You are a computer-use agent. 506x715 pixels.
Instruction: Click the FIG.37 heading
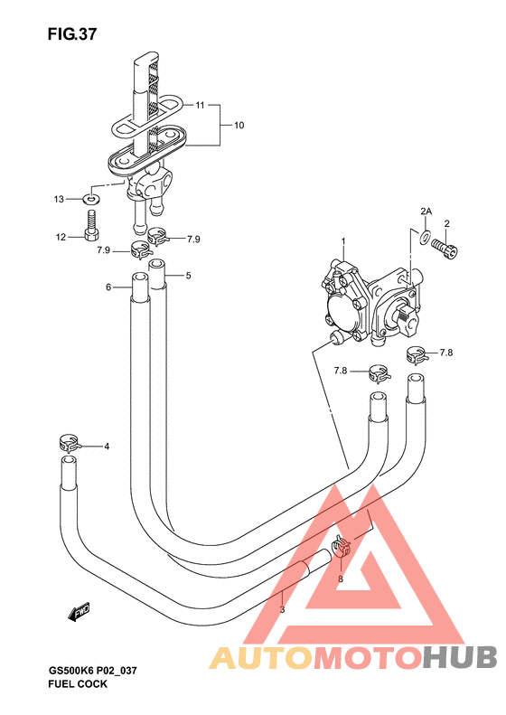[x=72, y=33]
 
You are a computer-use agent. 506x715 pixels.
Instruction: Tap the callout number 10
[x=239, y=125]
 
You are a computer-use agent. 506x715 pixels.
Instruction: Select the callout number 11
[x=200, y=106]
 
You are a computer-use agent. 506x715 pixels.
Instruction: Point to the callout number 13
[x=59, y=199]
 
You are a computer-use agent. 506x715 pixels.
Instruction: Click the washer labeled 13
[x=91, y=199]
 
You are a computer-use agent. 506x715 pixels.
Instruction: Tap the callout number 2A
[x=426, y=212]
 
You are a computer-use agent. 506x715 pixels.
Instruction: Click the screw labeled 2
[x=445, y=248]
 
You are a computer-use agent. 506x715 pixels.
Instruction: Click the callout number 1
[x=343, y=240]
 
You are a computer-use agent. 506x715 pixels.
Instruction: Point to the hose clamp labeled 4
[x=70, y=442]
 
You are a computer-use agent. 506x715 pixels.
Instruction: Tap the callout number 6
[x=108, y=287]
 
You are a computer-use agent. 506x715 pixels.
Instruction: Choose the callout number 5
[x=188, y=276]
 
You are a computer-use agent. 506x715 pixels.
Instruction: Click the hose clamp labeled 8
[x=341, y=545]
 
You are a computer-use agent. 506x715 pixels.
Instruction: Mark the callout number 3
[x=282, y=609]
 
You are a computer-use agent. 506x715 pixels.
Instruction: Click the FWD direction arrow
[x=79, y=612]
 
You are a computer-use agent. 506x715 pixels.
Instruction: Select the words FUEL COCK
[x=78, y=684]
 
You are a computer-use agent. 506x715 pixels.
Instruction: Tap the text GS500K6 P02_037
[x=92, y=671]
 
